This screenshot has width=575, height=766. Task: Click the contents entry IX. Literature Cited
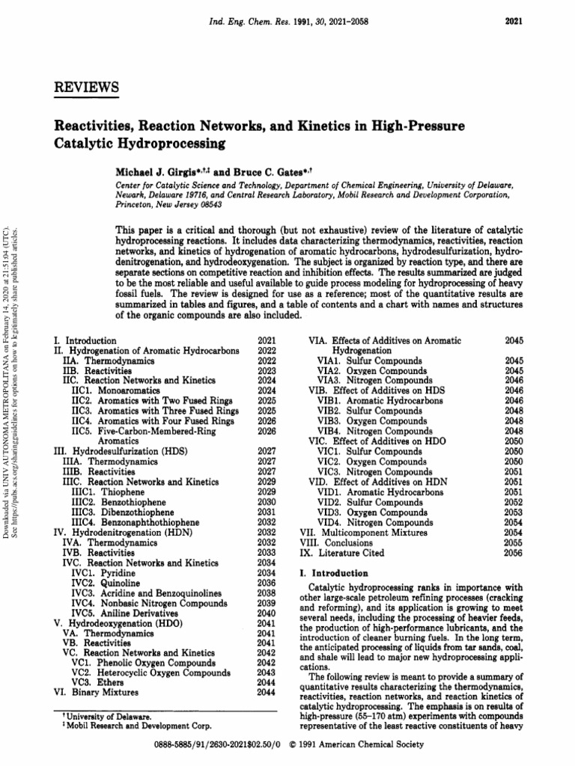pos(341,553)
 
